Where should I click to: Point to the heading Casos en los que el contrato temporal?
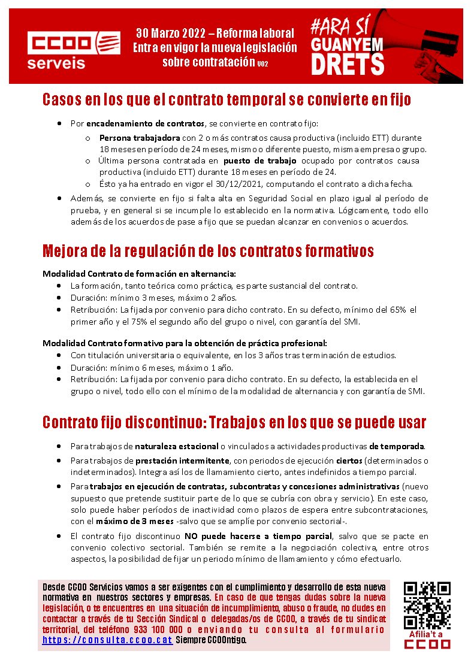227,99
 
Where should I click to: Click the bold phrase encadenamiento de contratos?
146,124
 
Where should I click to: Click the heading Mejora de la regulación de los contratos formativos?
208,250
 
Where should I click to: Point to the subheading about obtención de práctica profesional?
185,343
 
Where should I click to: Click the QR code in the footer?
427,604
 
